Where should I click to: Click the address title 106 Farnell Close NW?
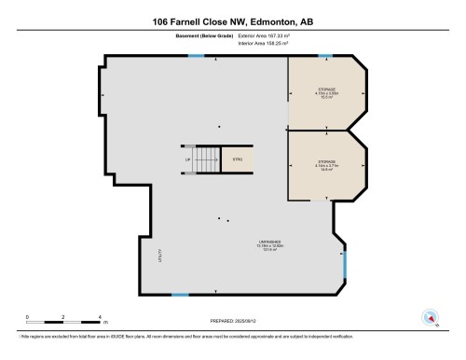233,21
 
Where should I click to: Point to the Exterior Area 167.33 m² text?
267,37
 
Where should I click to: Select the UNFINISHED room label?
270,244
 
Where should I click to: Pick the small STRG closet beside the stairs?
238,159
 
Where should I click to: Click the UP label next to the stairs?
187,159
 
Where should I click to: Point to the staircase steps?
207,159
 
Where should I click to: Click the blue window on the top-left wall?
196,57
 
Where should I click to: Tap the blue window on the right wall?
345,270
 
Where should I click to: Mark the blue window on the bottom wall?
180,296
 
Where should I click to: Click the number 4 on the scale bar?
98,317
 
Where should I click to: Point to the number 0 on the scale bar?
27,317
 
